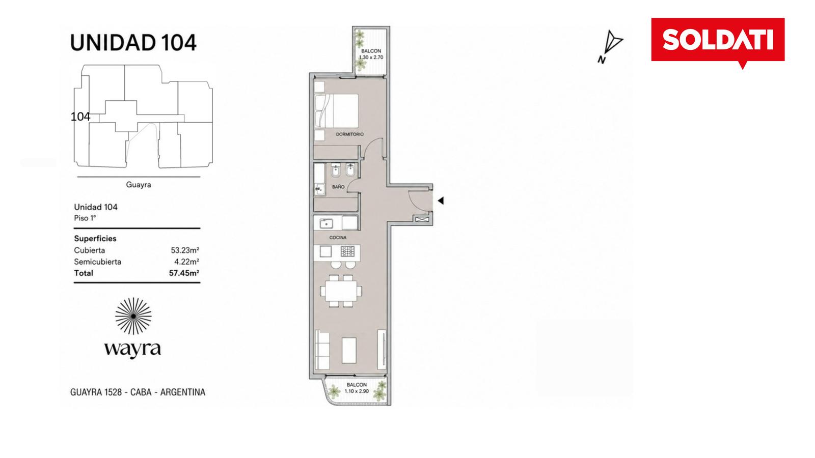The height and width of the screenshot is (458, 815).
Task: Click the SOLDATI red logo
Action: point(718,40)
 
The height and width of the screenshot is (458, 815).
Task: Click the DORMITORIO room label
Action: point(349,134)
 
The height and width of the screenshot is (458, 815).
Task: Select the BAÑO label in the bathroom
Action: point(338,187)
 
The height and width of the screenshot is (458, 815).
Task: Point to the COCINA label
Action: point(338,238)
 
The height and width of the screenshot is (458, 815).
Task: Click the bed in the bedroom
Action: point(337,111)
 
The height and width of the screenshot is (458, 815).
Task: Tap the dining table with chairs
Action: point(341,291)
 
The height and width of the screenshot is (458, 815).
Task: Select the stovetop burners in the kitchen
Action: point(347,251)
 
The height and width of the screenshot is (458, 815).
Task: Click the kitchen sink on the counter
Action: point(326,223)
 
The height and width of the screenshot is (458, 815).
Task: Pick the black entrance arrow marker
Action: point(441,201)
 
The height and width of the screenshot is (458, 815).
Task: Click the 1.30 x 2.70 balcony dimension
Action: point(371,58)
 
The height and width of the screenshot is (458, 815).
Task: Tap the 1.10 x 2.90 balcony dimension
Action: point(357,391)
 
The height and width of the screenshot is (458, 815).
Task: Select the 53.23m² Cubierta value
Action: point(185,250)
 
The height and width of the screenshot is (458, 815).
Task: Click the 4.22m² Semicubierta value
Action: point(186,262)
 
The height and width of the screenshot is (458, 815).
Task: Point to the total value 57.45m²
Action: point(184,273)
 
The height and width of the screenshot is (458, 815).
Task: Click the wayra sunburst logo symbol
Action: point(133,316)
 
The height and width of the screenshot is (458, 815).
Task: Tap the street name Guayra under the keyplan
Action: point(138,185)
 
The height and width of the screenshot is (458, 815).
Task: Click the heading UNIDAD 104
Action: point(133,43)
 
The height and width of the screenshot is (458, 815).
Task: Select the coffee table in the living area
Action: point(349,351)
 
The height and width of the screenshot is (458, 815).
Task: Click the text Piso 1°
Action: point(85,218)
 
